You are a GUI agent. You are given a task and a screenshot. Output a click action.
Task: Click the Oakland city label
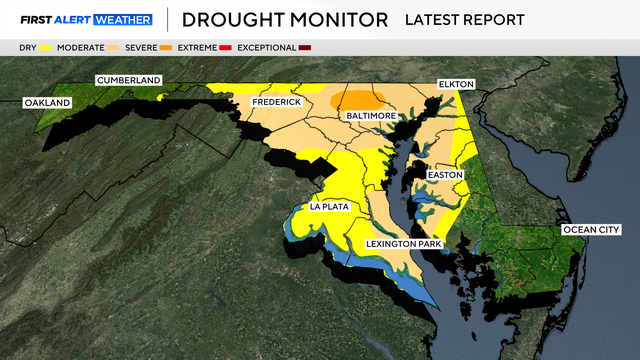(x=47, y=103)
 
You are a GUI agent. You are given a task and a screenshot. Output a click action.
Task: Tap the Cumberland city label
(x=127, y=80)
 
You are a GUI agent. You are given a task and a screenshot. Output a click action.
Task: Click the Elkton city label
(x=455, y=85)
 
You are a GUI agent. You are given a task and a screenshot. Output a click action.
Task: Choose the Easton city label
(x=445, y=175)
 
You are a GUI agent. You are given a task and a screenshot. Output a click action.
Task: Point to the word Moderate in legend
(x=84, y=48)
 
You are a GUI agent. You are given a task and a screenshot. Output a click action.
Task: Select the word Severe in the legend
(x=141, y=48)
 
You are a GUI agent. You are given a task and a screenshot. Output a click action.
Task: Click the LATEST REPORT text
(x=464, y=20)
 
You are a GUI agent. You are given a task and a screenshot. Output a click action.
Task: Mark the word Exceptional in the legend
(x=267, y=48)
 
